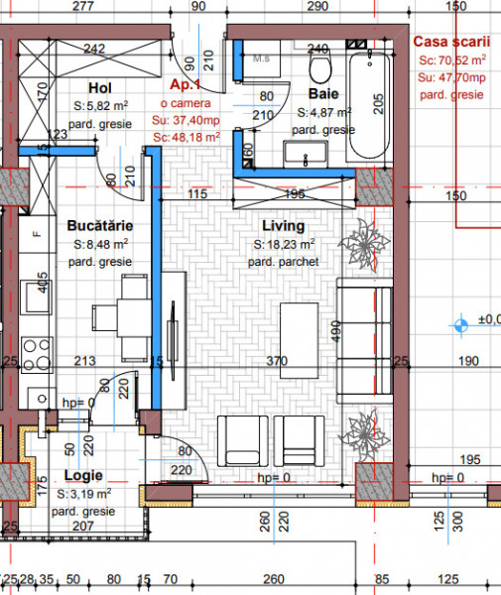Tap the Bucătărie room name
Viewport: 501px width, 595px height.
[100, 227]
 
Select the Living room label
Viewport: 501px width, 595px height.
[285, 227]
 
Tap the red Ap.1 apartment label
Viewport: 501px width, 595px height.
[187, 86]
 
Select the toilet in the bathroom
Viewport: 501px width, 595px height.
[320, 67]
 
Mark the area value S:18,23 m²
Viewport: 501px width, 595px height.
[285, 244]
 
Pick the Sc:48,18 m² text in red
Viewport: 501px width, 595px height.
[187, 137]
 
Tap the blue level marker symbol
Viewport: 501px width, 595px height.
[459, 322]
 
